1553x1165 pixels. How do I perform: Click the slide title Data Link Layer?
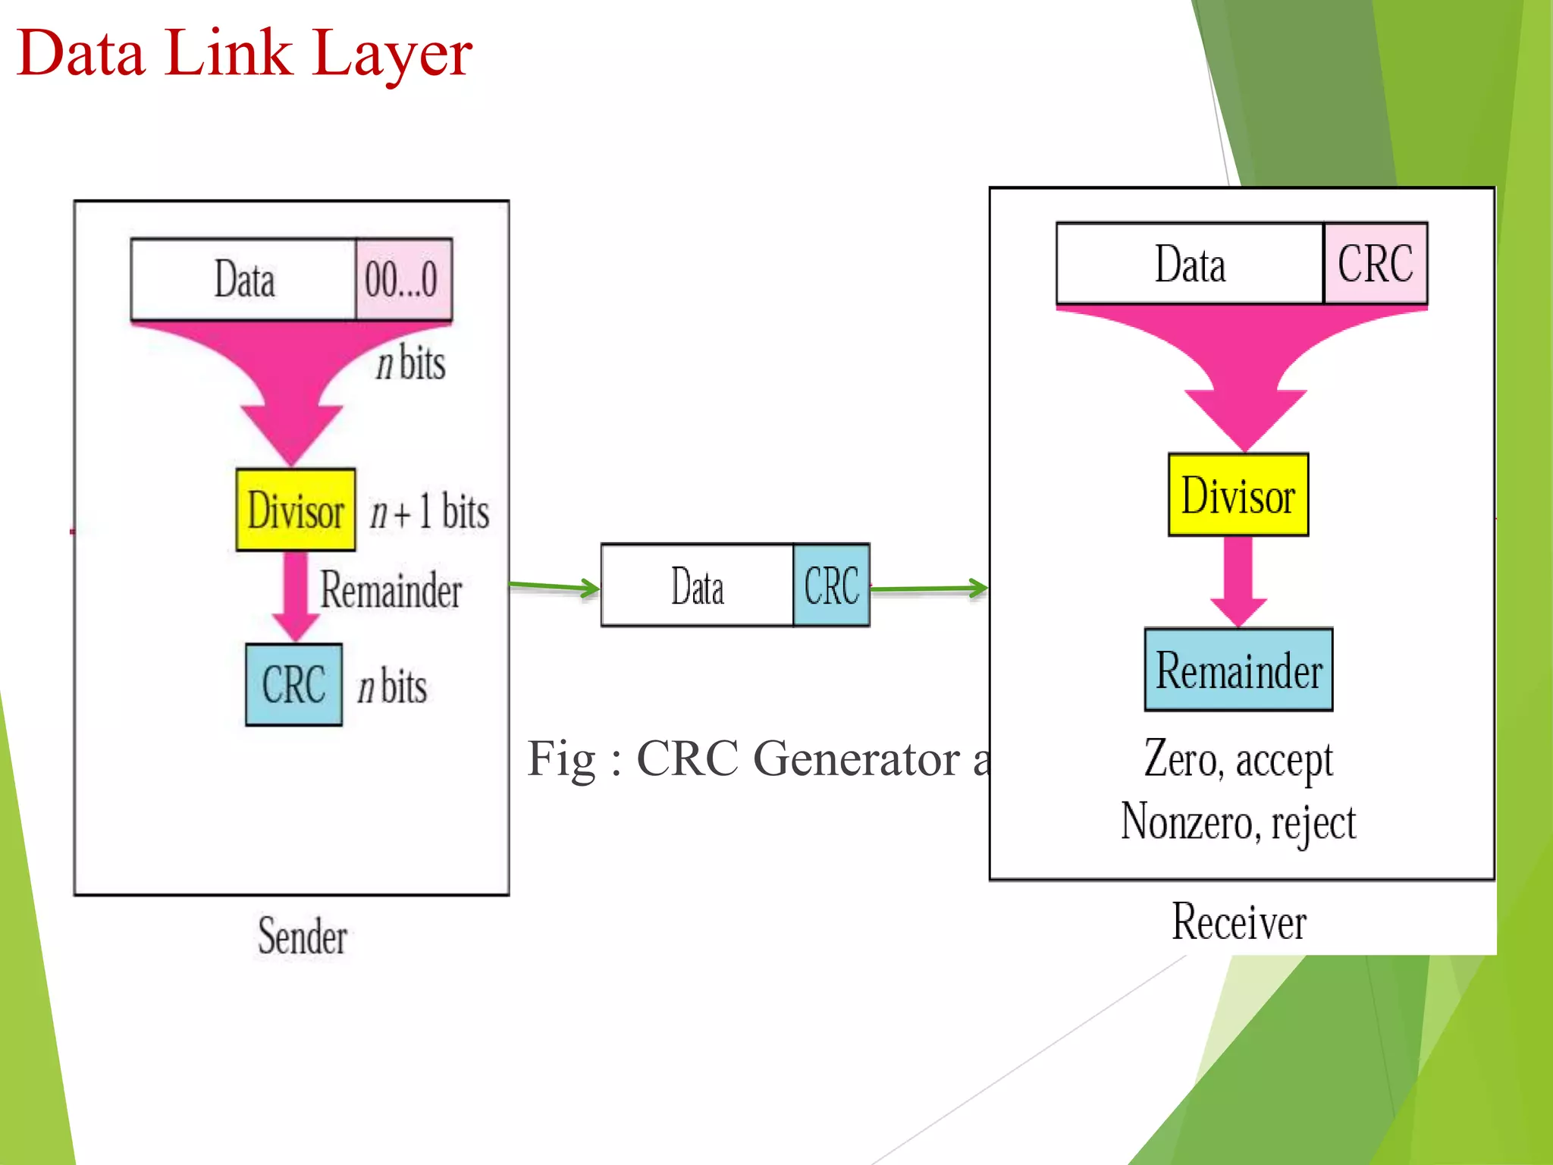[x=244, y=53]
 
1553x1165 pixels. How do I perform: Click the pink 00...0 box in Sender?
[x=403, y=279]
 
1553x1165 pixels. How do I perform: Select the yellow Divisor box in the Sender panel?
[x=296, y=510]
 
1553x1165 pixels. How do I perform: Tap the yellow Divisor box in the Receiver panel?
[x=1238, y=495]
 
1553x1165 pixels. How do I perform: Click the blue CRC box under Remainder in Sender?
[x=293, y=685]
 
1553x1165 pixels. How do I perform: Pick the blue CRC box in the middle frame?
[x=831, y=586]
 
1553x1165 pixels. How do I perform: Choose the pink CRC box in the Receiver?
[x=1375, y=263]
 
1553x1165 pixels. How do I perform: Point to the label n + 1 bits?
[x=429, y=511]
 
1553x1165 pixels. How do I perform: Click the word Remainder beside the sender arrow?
[x=391, y=590]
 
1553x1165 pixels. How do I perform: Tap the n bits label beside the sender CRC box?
[x=392, y=686]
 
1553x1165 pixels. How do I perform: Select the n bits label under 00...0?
[x=410, y=363]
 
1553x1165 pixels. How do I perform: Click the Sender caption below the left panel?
[x=302, y=936]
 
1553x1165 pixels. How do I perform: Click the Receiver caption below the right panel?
[x=1238, y=922]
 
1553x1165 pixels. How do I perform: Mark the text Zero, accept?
[x=1238, y=758]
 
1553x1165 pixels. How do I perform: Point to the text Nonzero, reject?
[x=1238, y=822]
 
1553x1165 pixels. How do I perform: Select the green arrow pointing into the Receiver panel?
[x=930, y=588]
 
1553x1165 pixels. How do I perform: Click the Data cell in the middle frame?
[x=697, y=586]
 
